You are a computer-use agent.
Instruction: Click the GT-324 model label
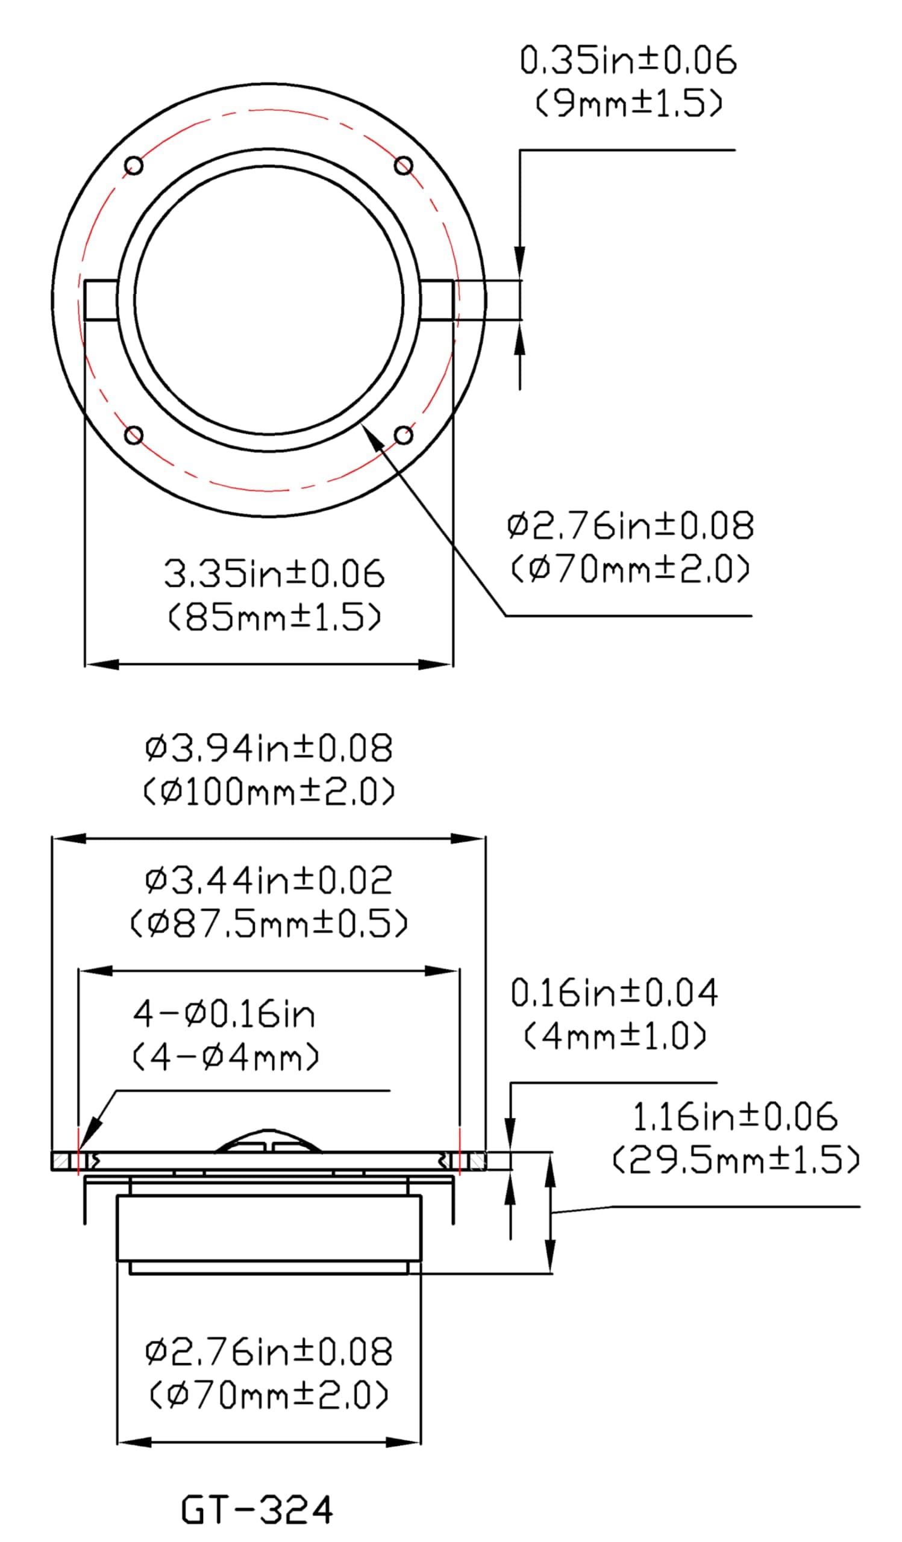click(x=257, y=1509)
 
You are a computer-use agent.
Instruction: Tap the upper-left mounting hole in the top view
click(x=133, y=166)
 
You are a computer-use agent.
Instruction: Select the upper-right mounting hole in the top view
click(x=403, y=165)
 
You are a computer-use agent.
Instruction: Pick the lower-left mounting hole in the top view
click(x=133, y=435)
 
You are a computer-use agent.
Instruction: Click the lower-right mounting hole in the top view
click(x=403, y=435)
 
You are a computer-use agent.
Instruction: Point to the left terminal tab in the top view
click(x=101, y=300)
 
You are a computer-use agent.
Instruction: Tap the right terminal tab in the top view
click(x=437, y=300)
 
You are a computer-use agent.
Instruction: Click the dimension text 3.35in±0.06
click(x=274, y=574)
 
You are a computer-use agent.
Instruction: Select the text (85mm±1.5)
click(x=274, y=617)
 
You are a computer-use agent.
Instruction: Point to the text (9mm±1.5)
click(x=629, y=102)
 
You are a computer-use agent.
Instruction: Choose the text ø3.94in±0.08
click(x=269, y=748)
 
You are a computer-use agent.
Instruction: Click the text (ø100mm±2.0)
click(x=269, y=791)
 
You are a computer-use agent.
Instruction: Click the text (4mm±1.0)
click(x=615, y=1036)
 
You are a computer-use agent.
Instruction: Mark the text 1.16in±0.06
click(x=734, y=1117)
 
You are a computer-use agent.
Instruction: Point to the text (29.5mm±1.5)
click(x=736, y=1160)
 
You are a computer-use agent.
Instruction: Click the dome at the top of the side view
click(x=268, y=1140)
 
